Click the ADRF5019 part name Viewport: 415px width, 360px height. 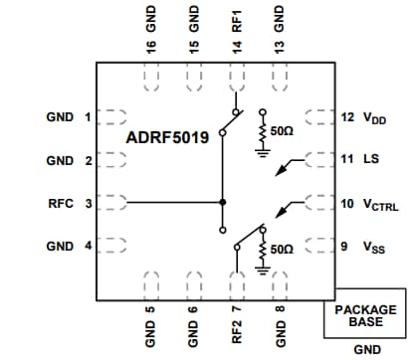[x=167, y=138]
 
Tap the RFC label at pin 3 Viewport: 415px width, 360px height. [x=61, y=203]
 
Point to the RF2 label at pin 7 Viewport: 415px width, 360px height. [x=236, y=328]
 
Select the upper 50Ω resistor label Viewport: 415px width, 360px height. [x=286, y=131]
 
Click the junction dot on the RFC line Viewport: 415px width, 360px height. [x=222, y=202]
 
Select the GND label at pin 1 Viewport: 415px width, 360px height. [x=60, y=116]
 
